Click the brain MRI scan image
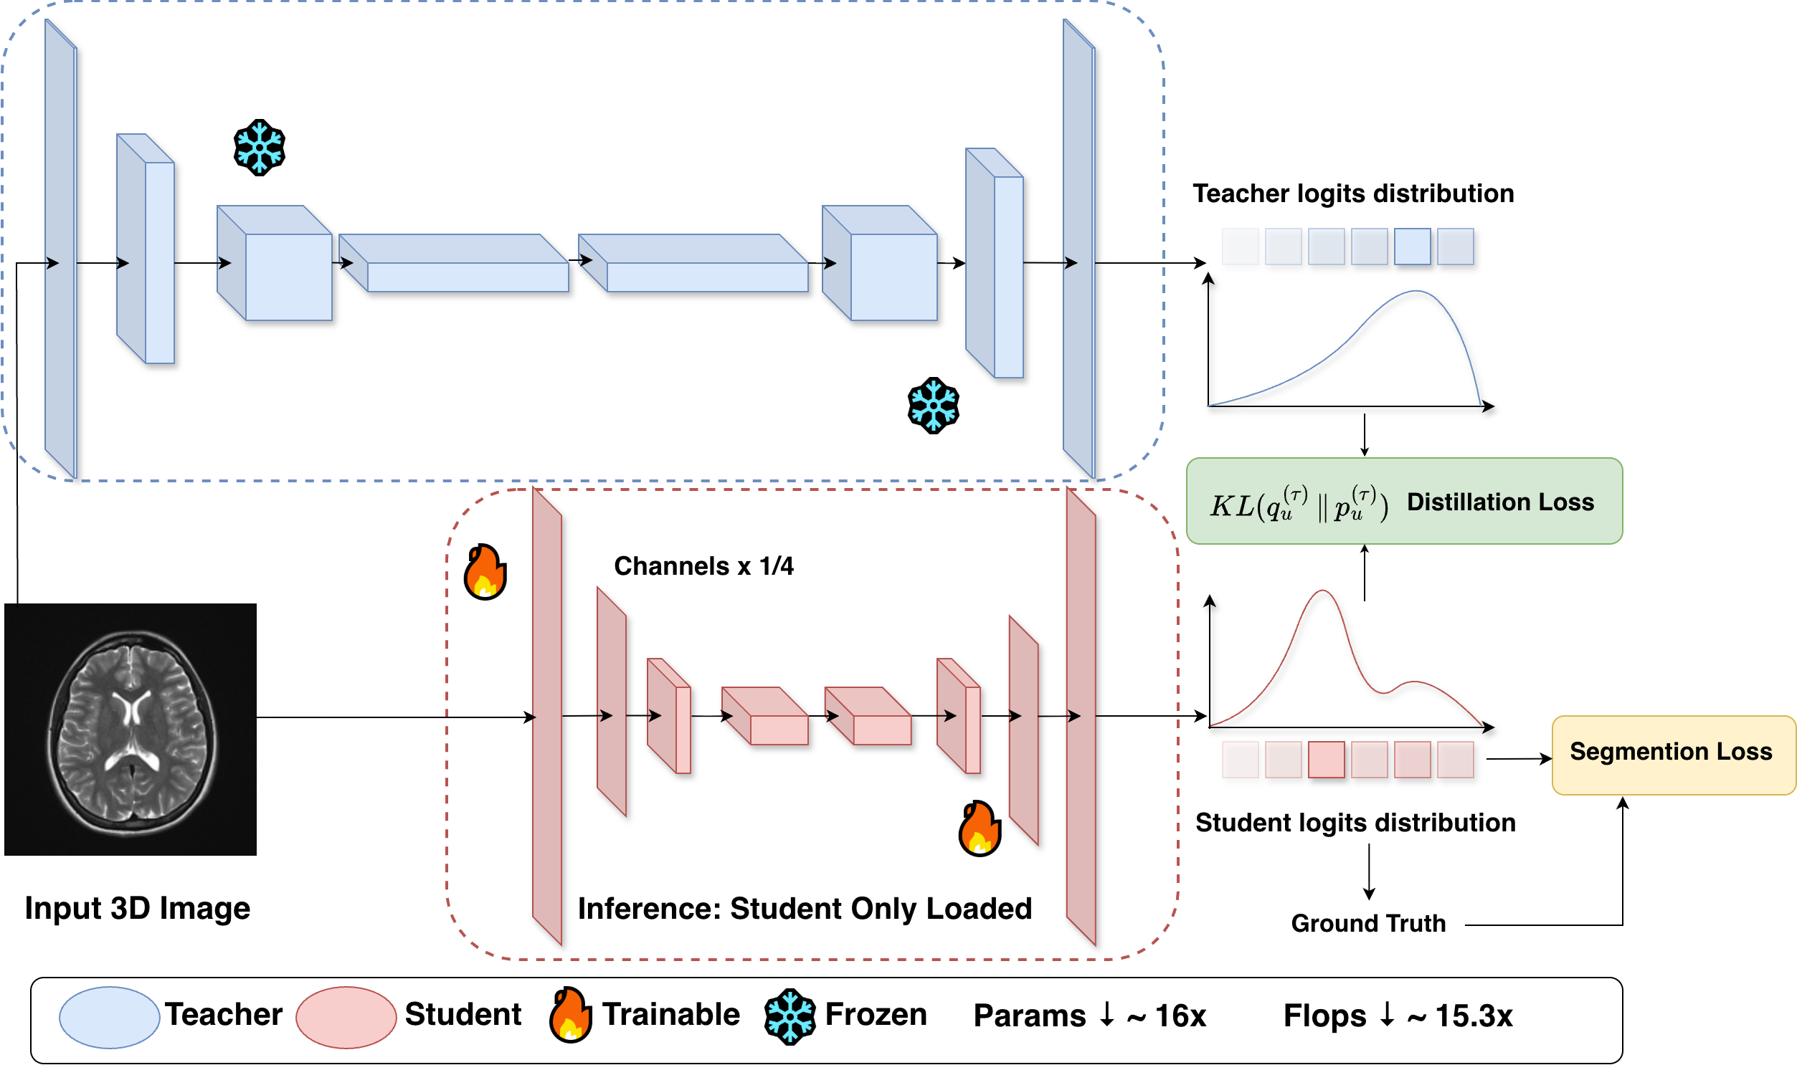point(131,729)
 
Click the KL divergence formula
point(1299,504)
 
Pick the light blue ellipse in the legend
point(109,1017)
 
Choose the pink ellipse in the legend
point(346,1017)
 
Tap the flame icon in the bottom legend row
point(571,1015)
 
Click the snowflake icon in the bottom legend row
point(790,1016)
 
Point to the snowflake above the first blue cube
point(259,148)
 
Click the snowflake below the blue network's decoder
point(934,406)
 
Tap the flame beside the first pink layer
point(485,572)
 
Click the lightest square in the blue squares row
point(1412,247)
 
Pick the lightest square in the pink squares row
point(1326,760)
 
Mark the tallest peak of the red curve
point(1322,591)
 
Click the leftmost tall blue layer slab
point(60,247)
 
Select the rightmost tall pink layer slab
point(1081,716)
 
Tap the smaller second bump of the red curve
point(1414,682)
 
